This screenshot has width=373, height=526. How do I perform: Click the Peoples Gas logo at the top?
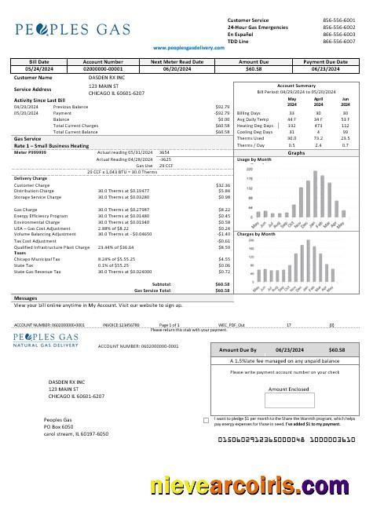[71, 30]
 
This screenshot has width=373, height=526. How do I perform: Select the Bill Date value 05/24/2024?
[38, 68]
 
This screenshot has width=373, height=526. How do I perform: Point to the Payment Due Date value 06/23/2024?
[325, 68]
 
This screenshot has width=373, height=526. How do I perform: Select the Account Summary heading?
[296, 86]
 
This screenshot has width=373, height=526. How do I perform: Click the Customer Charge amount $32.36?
[223, 185]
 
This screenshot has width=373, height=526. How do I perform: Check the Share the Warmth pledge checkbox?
[206, 420]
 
